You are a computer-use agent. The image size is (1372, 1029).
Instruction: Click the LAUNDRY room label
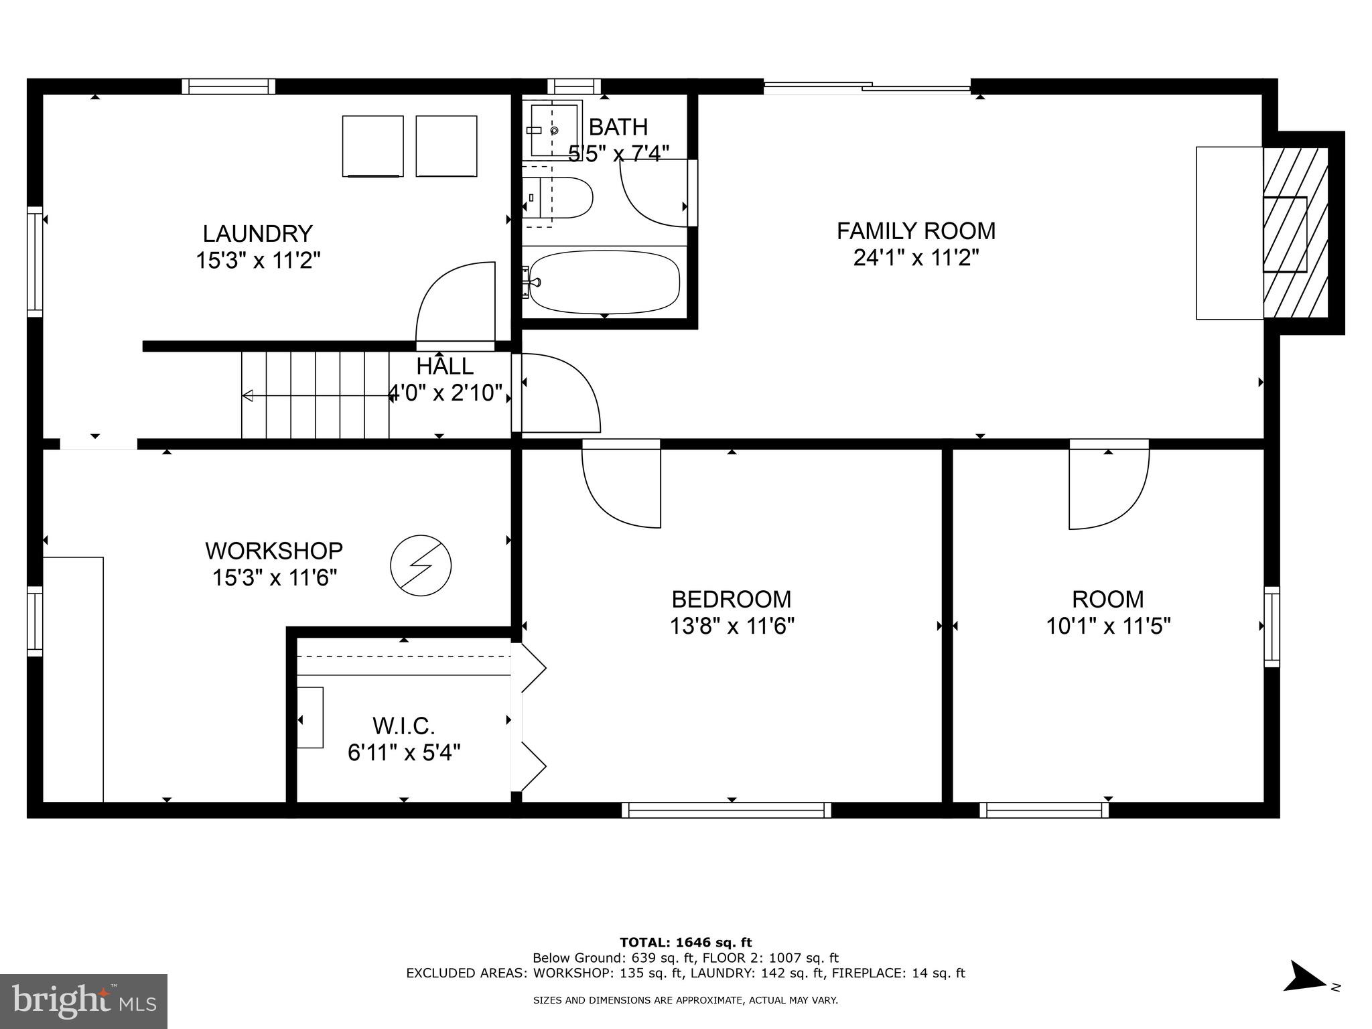click(x=257, y=234)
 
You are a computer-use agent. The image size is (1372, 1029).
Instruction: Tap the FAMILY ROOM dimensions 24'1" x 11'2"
click(x=916, y=258)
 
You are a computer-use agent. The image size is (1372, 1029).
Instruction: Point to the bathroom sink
click(x=553, y=129)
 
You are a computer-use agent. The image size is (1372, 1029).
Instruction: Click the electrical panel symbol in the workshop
click(x=421, y=565)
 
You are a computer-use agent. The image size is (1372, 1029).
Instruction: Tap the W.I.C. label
click(x=403, y=726)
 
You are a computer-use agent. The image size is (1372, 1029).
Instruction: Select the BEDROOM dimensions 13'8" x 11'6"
click(x=732, y=626)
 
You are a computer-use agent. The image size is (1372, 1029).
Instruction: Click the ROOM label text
click(x=1107, y=599)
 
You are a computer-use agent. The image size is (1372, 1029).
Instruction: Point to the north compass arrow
click(x=1304, y=995)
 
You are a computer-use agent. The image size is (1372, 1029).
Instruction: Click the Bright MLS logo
click(x=84, y=1001)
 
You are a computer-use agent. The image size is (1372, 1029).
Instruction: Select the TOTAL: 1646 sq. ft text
click(x=685, y=943)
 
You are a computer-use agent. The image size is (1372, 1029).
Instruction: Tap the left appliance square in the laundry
click(x=373, y=146)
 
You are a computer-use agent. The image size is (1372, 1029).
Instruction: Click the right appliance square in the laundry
click(x=446, y=146)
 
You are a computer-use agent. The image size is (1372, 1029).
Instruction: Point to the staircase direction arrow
click(x=315, y=396)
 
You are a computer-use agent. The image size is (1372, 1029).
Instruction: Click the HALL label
click(x=445, y=366)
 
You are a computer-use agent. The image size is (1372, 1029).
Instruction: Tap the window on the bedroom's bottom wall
click(x=726, y=810)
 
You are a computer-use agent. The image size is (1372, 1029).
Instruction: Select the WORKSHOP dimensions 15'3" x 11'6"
click(x=274, y=577)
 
